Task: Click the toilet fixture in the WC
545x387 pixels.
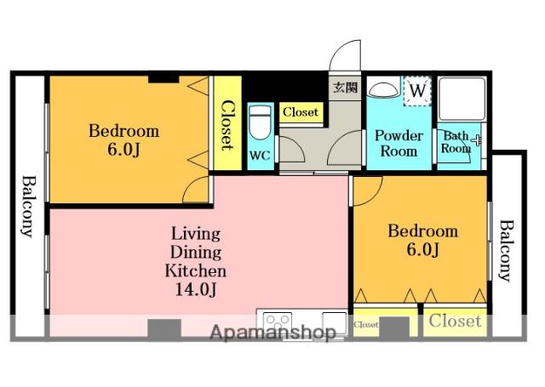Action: point(260,122)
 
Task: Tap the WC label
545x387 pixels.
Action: point(260,156)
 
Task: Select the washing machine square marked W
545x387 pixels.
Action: point(417,91)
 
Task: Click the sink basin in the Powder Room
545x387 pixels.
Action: point(382,89)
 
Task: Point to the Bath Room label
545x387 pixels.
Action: point(456,142)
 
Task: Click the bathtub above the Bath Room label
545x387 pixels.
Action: point(462,99)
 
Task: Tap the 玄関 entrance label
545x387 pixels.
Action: point(345,88)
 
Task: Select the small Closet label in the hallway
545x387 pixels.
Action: point(301,112)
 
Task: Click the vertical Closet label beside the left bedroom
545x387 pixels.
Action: point(227,125)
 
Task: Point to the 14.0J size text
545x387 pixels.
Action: point(196,289)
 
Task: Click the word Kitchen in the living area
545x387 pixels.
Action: point(195,270)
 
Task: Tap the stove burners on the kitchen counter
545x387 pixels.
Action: point(277,321)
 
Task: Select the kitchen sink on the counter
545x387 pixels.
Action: point(334,323)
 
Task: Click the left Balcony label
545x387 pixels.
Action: point(28,207)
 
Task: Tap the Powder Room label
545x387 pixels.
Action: point(399,143)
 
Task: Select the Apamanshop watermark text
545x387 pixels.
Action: point(273,333)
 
